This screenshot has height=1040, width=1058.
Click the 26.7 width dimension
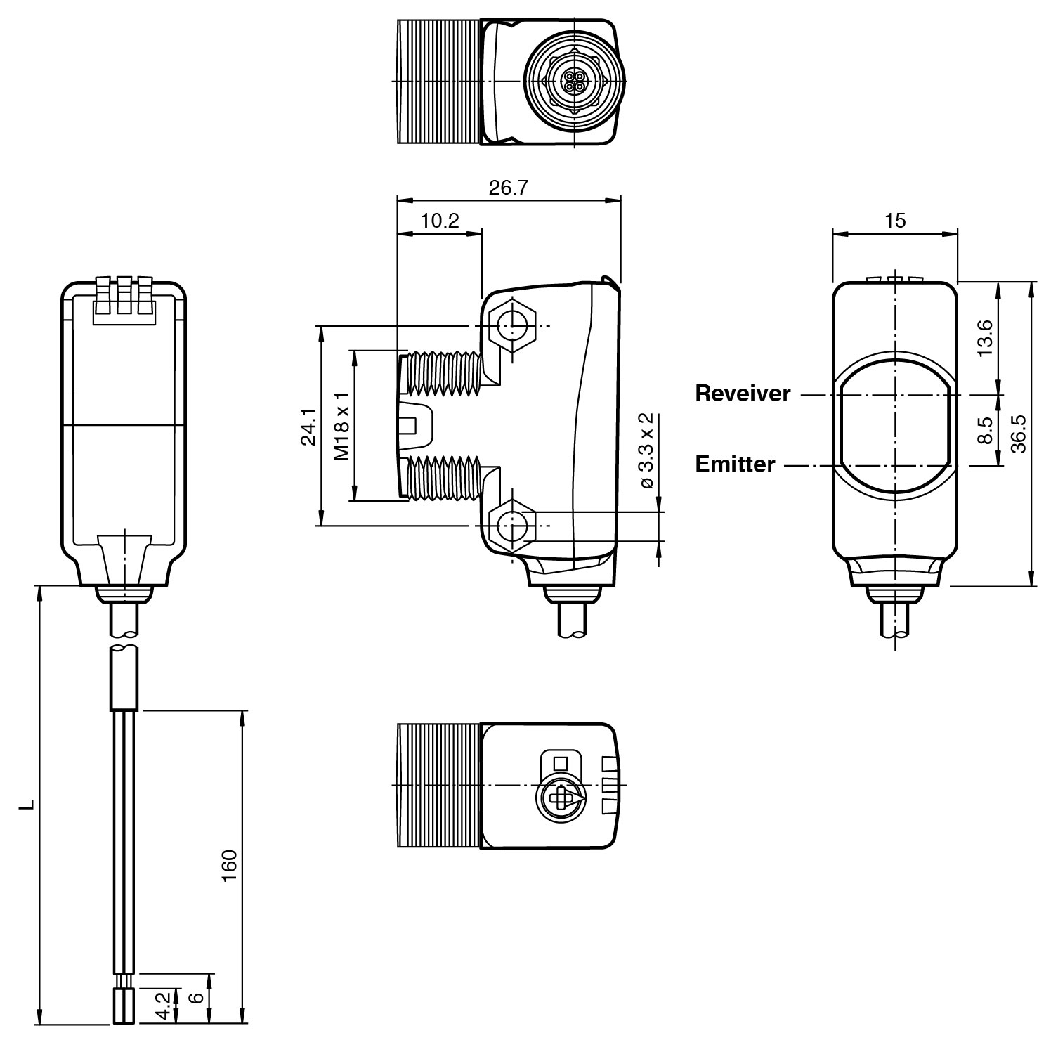pyautogui.click(x=508, y=188)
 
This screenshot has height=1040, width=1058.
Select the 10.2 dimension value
pyautogui.click(x=440, y=221)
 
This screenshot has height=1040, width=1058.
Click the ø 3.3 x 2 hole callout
pyautogui.click(x=647, y=450)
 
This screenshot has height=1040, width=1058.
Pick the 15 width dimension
pyautogui.click(x=894, y=221)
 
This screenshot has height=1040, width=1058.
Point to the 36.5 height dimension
pyautogui.click(x=1018, y=434)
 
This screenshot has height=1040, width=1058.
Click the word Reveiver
pyautogui.click(x=743, y=394)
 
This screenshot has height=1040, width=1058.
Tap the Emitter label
pyautogui.click(x=735, y=464)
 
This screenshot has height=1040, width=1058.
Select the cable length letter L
pyautogui.click(x=27, y=803)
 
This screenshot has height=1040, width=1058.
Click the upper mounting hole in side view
pyautogui.click(x=511, y=325)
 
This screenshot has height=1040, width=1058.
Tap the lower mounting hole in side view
pyautogui.click(x=511, y=526)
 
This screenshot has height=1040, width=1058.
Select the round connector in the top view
pyautogui.click(x=575, y=82)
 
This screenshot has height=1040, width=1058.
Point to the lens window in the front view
pyautogui.click(x=894, y=429)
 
